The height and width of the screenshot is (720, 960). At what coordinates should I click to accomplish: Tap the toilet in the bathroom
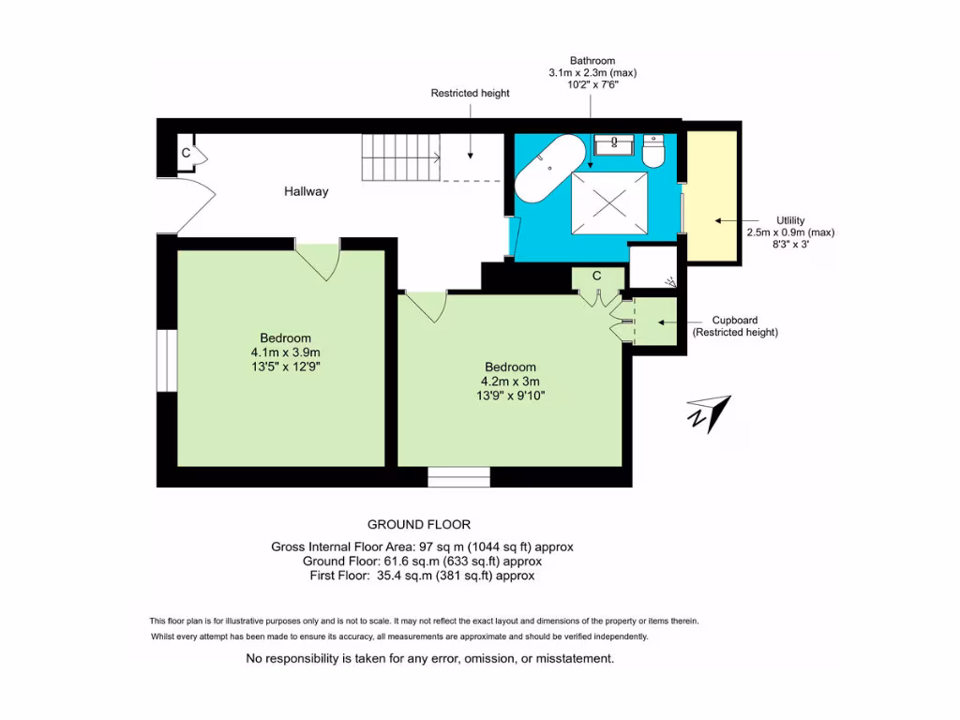click(x=653, y=150)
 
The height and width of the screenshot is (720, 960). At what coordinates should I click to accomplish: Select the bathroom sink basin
click(x=614, y=143)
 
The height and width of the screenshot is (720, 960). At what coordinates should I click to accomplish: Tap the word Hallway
click(x=307, y=191)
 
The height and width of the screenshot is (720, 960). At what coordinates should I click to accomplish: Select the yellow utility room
click(x=712, y=196)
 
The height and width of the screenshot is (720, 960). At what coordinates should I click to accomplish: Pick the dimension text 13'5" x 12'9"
click(x=285, y=367)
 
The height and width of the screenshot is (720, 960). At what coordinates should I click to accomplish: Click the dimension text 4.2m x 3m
click(x=510, y=381)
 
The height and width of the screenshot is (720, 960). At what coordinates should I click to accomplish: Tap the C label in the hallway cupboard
click(x=186, y=153)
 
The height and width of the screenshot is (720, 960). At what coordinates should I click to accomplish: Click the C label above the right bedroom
click(x=596, y=276)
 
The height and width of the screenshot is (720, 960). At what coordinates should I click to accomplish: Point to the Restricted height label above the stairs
click(x=470, y=94)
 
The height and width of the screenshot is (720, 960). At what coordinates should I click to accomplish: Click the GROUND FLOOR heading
click(x=418, y=524)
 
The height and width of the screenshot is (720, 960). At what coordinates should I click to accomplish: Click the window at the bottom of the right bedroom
click(x=458, y=477)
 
